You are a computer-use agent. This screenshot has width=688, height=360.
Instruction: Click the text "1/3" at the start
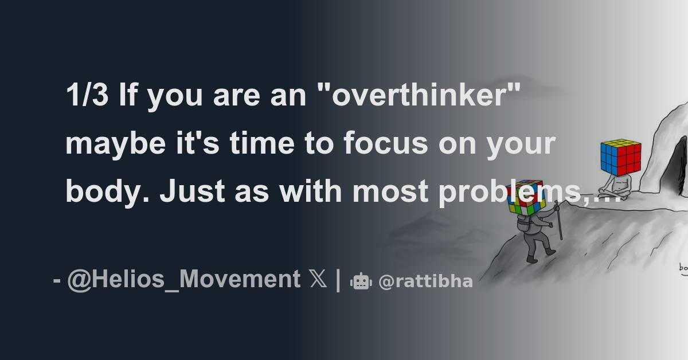pos(87,96)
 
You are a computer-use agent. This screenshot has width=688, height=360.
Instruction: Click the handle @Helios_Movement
pos(183,280)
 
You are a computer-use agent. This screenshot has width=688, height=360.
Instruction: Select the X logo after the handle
pos(316,280)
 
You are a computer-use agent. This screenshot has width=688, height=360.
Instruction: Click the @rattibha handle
pos(425,281)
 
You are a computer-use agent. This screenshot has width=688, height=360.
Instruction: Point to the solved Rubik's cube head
pos(620,157)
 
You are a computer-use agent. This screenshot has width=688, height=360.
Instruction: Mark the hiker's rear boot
pos(531,259)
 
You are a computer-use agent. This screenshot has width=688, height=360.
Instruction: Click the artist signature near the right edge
pos(682,267)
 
